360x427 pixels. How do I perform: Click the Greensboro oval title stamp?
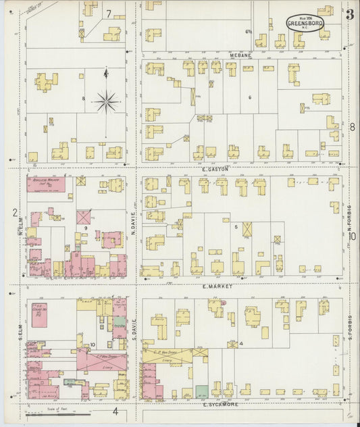[305, 24]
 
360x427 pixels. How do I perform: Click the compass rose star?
[106, 102]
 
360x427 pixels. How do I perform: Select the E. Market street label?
[217, 286]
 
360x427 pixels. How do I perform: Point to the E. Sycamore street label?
[222, 405]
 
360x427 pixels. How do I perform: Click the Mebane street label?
[240, 55]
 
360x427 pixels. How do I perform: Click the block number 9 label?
[86, 228]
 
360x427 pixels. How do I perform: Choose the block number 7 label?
[108, 13]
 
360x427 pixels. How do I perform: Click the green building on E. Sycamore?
[201, 391]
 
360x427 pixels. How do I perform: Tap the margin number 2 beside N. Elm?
[14, 213]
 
